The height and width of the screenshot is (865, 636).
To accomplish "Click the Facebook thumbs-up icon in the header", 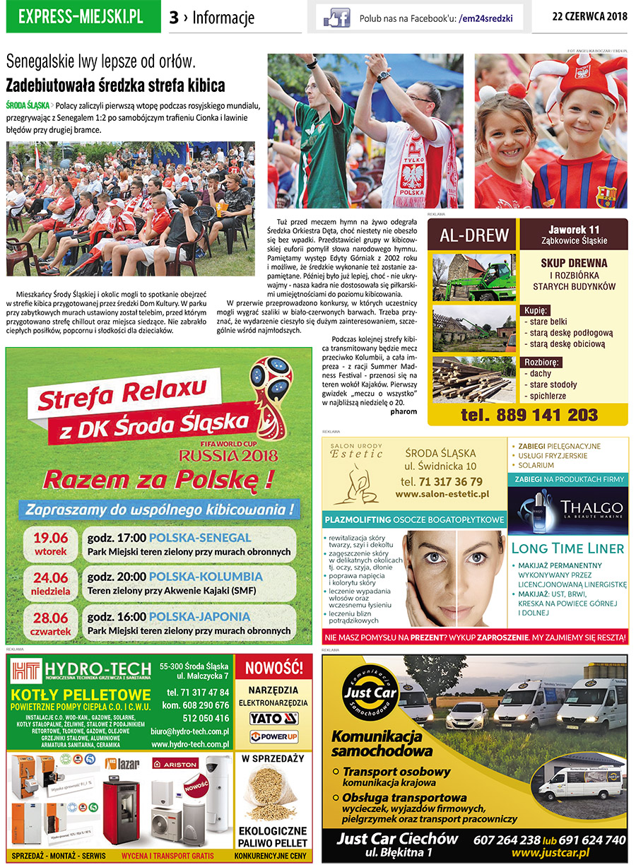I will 336,18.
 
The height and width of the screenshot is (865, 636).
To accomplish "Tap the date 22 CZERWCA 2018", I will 589,17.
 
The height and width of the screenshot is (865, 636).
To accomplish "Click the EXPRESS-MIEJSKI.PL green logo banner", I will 81,17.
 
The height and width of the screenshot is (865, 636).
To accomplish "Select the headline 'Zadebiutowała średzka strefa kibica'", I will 115,86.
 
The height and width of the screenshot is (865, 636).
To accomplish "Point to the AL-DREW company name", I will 473,235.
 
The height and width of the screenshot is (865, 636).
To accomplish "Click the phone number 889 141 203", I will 529,415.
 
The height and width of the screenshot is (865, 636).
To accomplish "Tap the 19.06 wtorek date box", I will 50,543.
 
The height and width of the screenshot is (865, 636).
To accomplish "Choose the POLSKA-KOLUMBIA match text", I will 205,577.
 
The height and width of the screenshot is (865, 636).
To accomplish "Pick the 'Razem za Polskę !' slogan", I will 158,480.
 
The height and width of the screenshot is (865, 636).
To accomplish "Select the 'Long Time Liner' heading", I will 567,548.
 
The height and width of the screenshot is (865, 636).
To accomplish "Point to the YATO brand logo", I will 273,719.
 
